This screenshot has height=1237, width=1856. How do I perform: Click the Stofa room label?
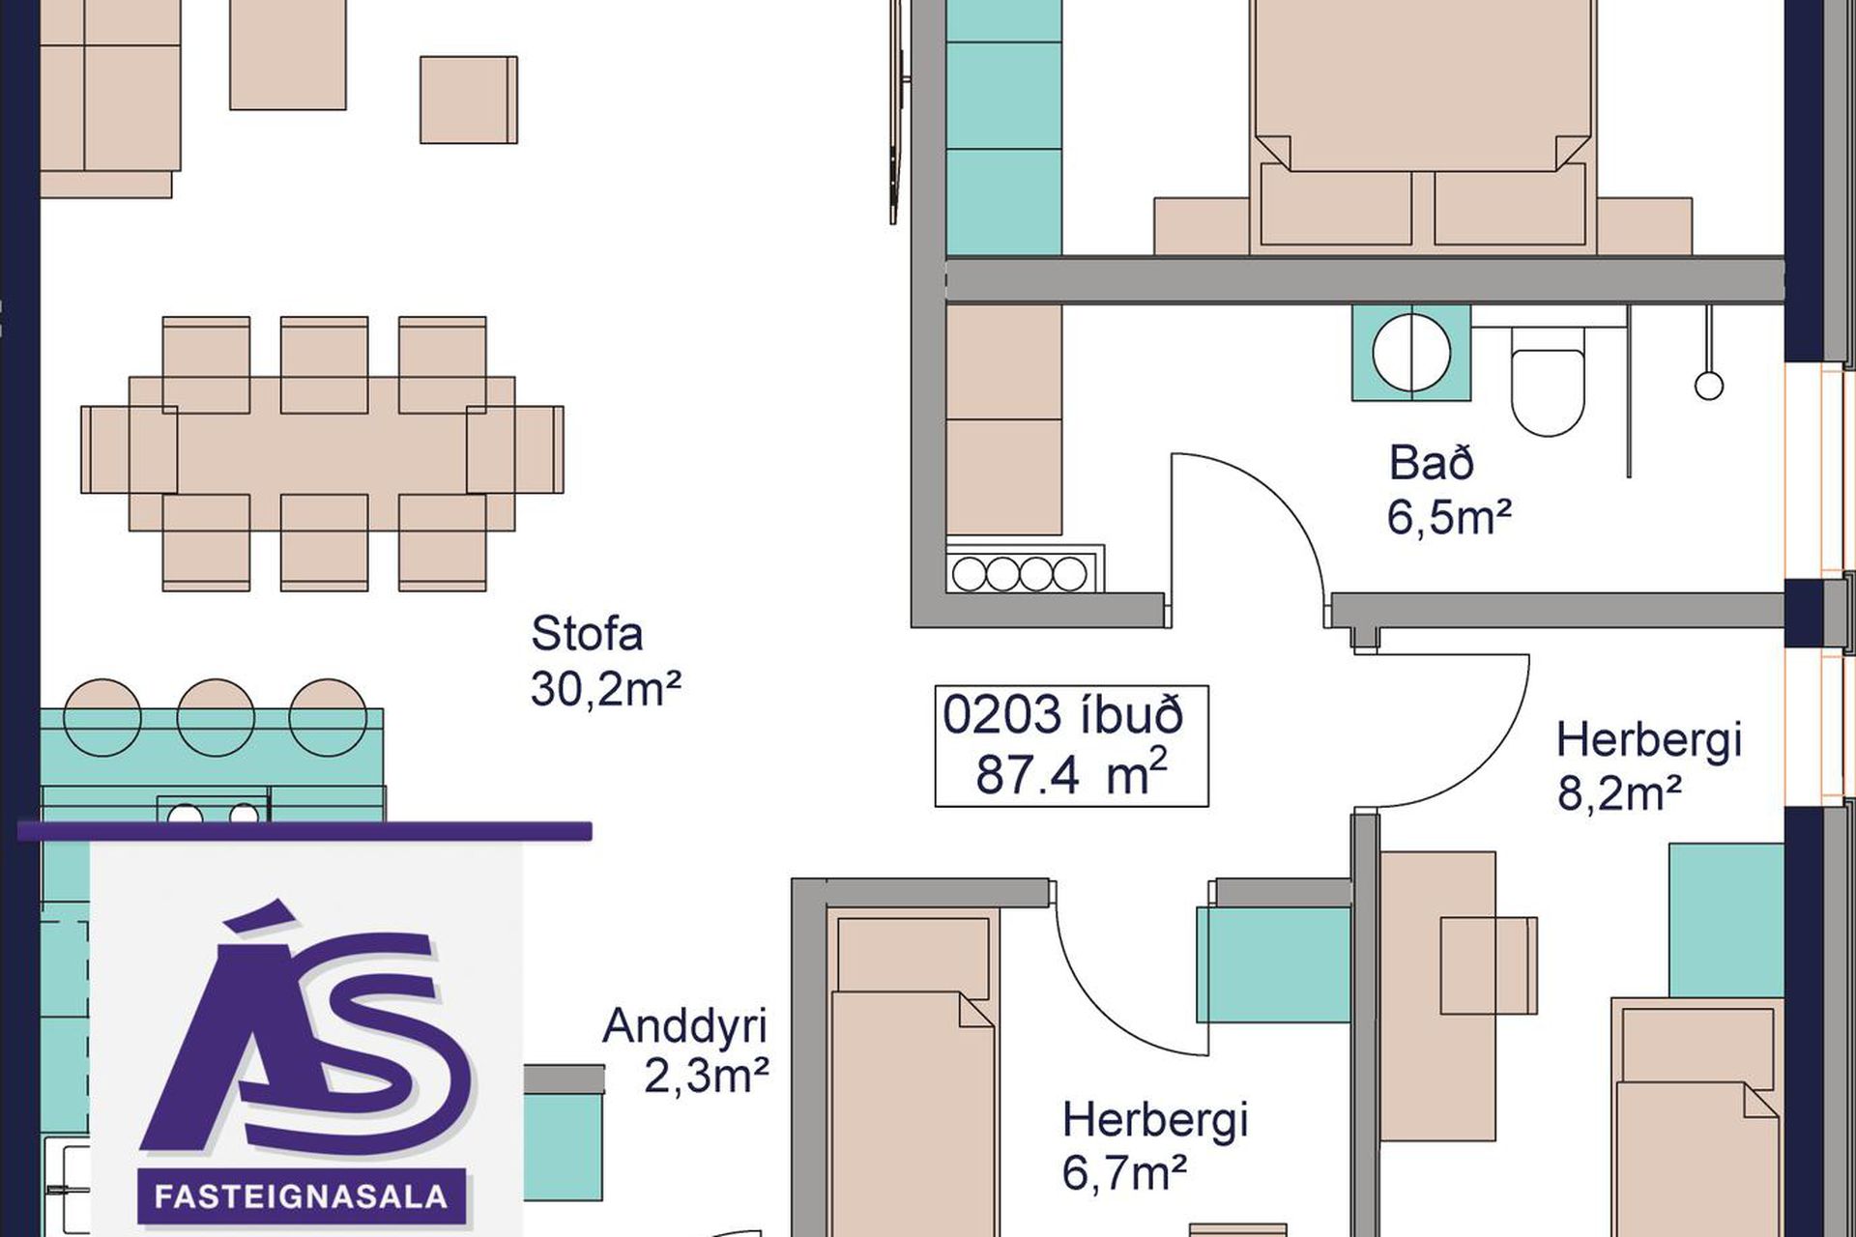[587, 634]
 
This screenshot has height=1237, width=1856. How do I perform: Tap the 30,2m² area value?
[606, 689]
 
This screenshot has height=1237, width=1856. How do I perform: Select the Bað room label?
[1432, 463]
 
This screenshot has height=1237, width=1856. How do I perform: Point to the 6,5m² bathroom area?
[1449, 518]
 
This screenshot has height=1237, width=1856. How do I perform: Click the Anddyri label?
[684, 1025]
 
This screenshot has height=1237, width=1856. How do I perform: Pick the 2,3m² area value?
[707, 1077]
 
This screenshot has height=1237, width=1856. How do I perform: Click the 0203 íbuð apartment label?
[1063, 716]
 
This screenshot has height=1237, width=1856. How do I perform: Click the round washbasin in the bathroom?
[1412, 353]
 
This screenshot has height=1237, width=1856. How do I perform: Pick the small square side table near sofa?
[468, 100]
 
